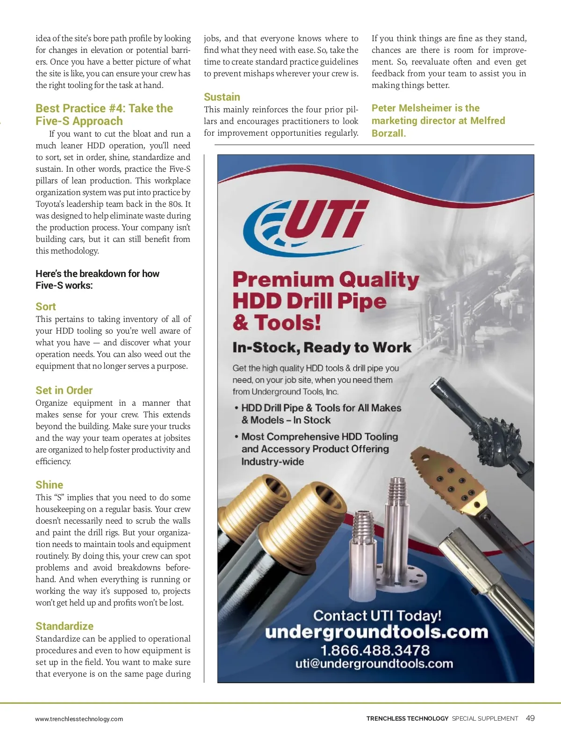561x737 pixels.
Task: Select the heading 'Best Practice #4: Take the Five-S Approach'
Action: tap(104, 115)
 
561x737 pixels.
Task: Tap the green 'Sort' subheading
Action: tap(46, 306)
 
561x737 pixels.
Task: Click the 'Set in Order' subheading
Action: tap(64, 390)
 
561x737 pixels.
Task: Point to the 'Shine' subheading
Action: tap(49, 485)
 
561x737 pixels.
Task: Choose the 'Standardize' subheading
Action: tap(65, 626)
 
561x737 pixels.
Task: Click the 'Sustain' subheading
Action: tap(222, 97)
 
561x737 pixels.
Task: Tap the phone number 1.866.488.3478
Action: tap(374, 650)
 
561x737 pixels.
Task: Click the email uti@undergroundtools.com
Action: tap(374, 664)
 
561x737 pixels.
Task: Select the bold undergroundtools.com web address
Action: tap(376, 632)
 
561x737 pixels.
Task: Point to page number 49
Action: tap(530, 718)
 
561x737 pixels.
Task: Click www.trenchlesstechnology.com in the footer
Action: tap(79, 719)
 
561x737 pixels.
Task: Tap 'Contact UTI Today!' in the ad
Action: tap(377, 615)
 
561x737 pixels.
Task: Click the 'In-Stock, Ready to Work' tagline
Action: tap(322, 348)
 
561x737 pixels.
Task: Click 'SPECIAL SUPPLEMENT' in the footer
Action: tap(485, 719)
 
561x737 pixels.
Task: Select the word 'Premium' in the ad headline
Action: tap(282, 280)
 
